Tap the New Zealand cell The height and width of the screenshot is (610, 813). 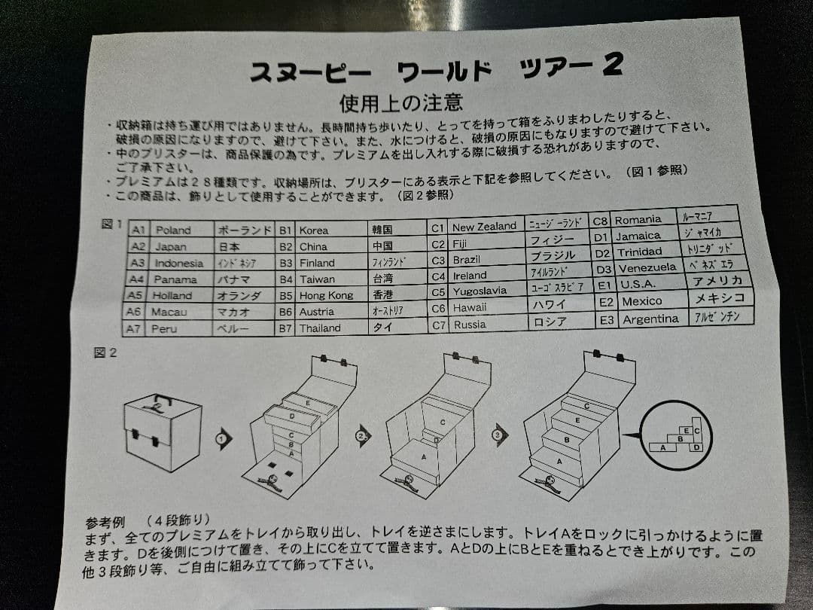click(484, 227)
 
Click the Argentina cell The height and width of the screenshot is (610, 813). click(650, 319)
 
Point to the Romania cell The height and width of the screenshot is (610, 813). click(638, 220)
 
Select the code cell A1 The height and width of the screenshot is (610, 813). click(139, 230)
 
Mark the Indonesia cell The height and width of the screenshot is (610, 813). click(178, 263)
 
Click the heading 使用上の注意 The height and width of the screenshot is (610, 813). click(400, 102)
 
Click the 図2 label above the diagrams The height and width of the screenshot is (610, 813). click(105, 352)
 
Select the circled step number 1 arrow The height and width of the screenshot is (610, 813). click(223, 438)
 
